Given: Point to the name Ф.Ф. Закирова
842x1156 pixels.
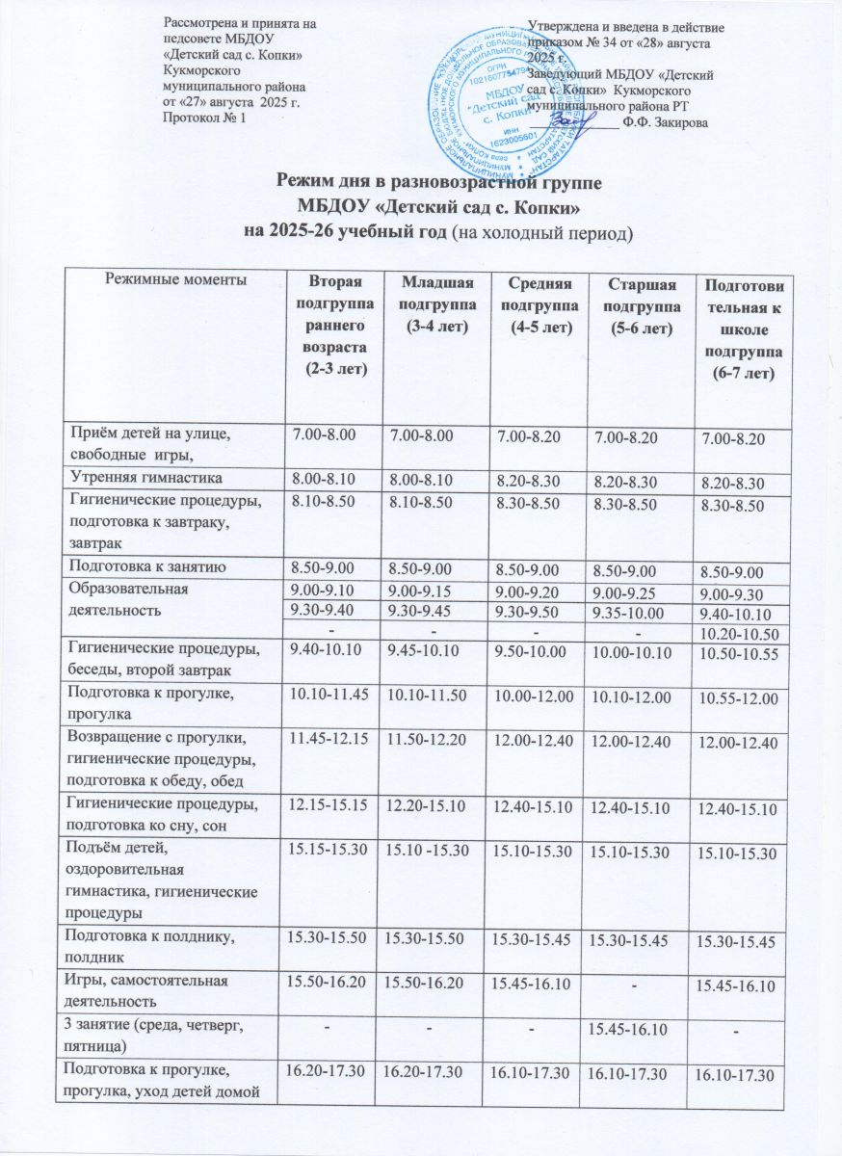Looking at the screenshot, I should coord(666,121).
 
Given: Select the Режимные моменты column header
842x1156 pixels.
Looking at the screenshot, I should coord(173,279).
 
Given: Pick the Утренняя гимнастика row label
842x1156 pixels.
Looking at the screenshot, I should coord(144,478).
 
